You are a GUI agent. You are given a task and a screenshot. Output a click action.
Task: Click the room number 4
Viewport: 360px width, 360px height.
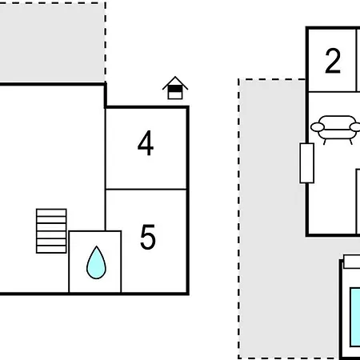pyautogui.click(x=146, y=143)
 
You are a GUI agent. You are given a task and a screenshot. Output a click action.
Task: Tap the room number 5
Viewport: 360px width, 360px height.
pyautogui.click(x=148, y=237)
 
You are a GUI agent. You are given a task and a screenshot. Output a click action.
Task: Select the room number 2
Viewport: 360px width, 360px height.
pyautogui.click(x=333, y=61)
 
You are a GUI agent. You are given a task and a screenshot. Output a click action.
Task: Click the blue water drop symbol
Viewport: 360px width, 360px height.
pyautogui.click(x=96, y=262)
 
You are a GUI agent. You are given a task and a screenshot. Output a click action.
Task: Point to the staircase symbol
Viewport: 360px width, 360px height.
pyautogui.click(x=51, y=231)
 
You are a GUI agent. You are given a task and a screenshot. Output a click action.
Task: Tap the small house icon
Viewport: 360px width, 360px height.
pyautogui.click(x=175, y=88)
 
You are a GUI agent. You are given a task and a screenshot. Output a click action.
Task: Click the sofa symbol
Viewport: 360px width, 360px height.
pyautogui.click(x=337, y=130)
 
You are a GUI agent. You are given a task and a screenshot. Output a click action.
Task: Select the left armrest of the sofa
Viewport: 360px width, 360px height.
pyautogui.click(x=318, y=127)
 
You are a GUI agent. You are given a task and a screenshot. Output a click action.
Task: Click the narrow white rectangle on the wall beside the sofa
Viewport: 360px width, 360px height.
pyautogui.click(x=307, y=163)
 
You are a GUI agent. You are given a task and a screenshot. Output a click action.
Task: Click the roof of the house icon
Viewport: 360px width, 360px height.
pyautogui.click(x=175, y=82)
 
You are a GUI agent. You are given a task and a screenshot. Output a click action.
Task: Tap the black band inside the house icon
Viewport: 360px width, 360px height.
pyautogui.click(x=175, y=89)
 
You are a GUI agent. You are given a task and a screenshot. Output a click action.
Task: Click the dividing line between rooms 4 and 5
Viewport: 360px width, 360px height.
pyautogui.click(x=146, y=190)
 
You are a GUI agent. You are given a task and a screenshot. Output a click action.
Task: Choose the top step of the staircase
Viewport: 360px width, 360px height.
pyautogui.click(x=51, y=213)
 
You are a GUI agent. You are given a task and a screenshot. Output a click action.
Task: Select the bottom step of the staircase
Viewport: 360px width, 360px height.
pyautogui.click(x=51, y=250)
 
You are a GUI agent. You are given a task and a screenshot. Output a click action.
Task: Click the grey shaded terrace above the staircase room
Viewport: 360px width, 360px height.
pyautogui.click(x=52, y=42)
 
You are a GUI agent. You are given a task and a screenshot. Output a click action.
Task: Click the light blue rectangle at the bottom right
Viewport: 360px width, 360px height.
pyautogui.click(x=355, y=317)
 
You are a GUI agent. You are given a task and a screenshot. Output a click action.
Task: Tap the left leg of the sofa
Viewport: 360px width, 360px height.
pyautogui.click(x=325, y=142)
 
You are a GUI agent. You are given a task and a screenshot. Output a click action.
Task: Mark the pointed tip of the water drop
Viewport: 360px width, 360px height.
pyautogui.click(x=96, y=246)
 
